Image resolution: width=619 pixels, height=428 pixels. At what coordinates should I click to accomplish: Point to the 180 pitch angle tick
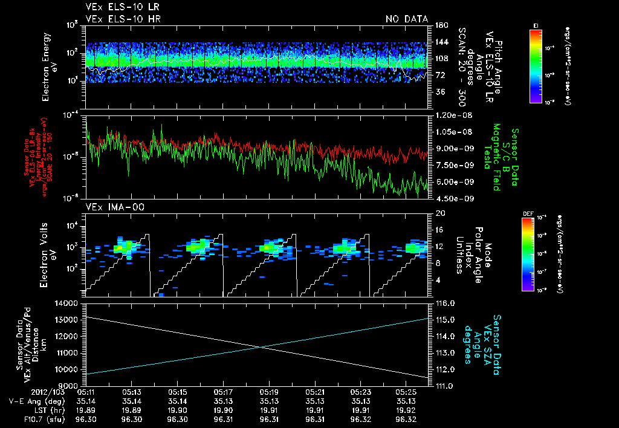click(x=441, y=25)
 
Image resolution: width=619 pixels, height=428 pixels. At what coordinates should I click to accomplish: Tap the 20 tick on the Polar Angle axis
click(x=439, y=213)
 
